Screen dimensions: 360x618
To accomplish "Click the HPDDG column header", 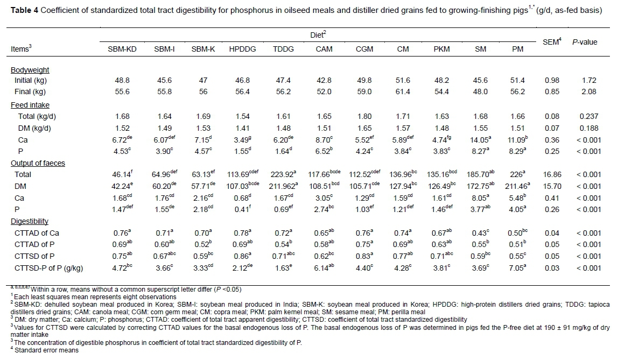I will [x=242, y=49].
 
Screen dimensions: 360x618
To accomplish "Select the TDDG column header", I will [x=283, y=49].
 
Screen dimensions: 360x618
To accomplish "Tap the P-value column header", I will [x=585, y=42].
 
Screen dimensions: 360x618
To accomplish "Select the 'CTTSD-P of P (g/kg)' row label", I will [x=48, y=267].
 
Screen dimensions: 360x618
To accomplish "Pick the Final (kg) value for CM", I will [x=403, y=92].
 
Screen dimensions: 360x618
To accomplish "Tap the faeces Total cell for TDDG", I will [x=283, y=174].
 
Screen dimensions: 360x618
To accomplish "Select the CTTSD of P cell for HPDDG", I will [x=242, y=256].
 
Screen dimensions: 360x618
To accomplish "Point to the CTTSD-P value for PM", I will [x=517, y=267].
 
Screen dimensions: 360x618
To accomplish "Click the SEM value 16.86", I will [x=551, y=174].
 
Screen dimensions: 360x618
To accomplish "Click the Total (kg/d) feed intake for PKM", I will [x=441, y=116].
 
